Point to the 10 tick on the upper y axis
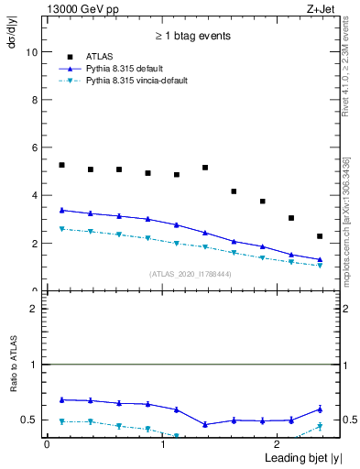coord(33,52)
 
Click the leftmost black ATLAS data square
coord(61,165)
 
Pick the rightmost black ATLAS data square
coord(320,236)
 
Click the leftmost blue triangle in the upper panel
coord(61,210)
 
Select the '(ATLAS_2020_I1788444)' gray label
coord(191,273)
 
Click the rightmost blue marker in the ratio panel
coord(320,409)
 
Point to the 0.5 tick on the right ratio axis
coord(339,420)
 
